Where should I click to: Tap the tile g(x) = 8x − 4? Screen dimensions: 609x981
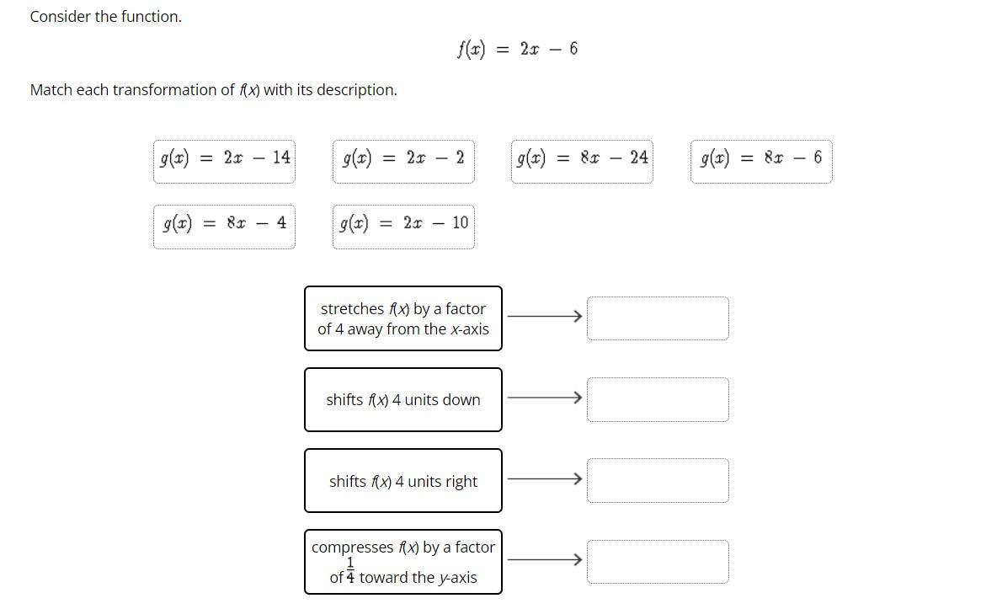(x=224, y=224)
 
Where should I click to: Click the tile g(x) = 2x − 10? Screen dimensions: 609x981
(x=403, y=224)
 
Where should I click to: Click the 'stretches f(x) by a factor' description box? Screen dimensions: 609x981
(x=403, y=318)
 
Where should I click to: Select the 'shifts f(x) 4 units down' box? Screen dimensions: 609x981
(x=403, y=399)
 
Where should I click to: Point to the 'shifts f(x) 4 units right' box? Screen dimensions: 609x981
(x=403, y=481)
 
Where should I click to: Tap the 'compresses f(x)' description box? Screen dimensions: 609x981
(x=403, y=562)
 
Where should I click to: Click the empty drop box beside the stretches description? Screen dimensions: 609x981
(x=658, y=318)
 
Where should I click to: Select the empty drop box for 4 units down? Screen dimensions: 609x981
(x=658, y=399)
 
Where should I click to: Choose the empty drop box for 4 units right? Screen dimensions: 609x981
(x=658, y=480)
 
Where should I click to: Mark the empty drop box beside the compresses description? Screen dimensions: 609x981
(x=658, y=562)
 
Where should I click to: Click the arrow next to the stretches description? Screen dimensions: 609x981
(x=545, y=317)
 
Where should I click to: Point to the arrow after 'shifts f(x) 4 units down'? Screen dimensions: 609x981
(x=545, y=398)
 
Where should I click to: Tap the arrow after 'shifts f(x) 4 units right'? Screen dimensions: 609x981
(x=545, y=478)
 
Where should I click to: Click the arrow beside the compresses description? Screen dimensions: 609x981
(x=545, y=559)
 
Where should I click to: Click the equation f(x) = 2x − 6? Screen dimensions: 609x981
(x=517, y=49)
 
